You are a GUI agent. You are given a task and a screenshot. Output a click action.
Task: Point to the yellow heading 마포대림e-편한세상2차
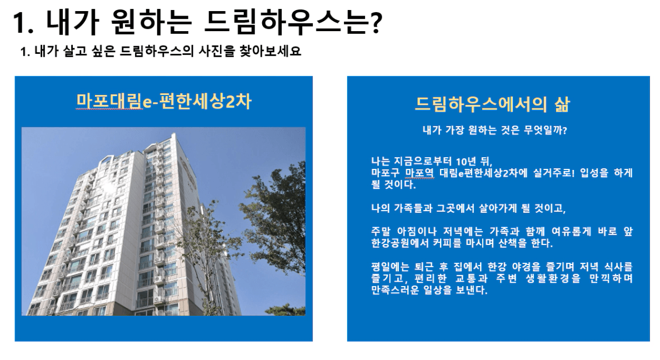click(x=164, y=102)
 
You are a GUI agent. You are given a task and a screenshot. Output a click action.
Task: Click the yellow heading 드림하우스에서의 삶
click(x=492, y=104)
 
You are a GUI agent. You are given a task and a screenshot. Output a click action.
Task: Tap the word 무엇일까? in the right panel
click(x=545, y=130)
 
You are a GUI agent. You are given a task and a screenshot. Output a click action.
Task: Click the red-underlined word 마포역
click(x=419, y=173)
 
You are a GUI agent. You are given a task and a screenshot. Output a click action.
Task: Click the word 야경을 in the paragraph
click(x=526, y=267)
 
